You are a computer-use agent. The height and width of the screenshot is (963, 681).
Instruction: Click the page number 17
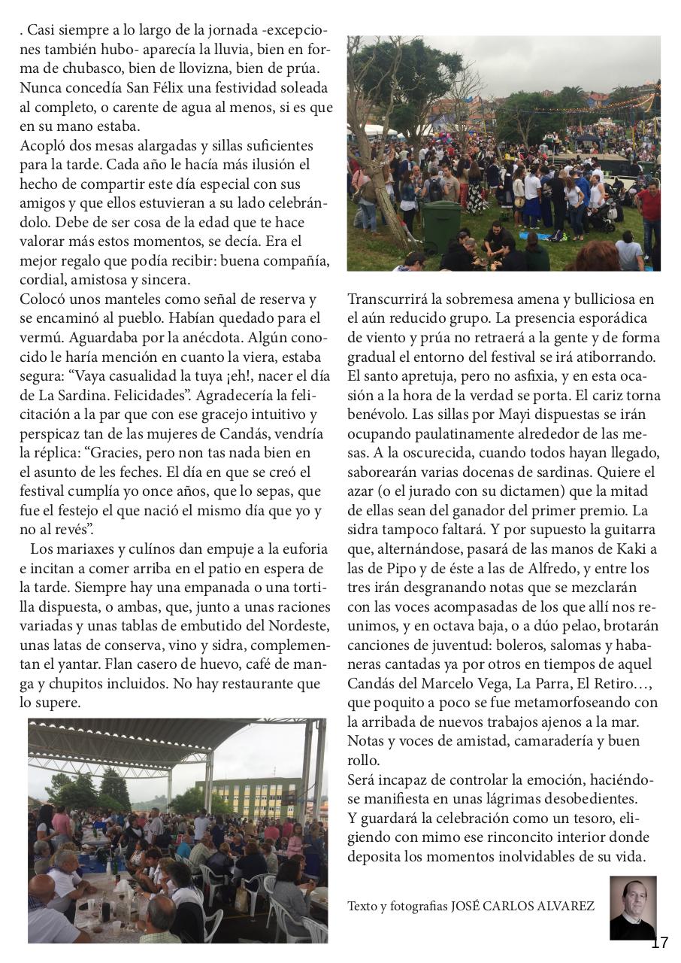coord(659,943)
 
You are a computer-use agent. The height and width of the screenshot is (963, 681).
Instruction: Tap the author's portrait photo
coord(633,907)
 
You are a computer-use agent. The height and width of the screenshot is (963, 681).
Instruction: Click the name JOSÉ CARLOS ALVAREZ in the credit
coord(522,906)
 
